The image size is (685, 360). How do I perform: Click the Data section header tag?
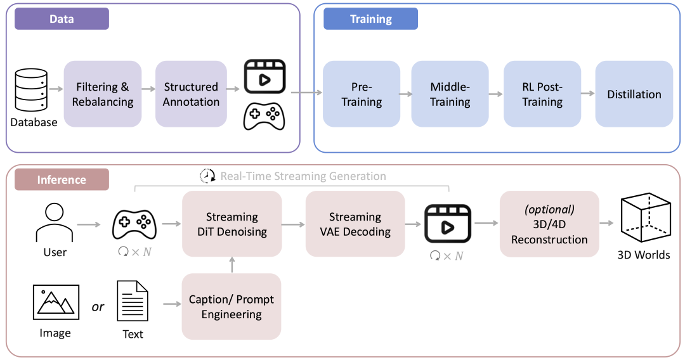(x=62, y=19)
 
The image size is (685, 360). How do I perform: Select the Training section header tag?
(x=370, y=19)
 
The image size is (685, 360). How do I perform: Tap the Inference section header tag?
(x=62, y=179)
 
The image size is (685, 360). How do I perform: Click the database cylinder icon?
(x=30, y=90)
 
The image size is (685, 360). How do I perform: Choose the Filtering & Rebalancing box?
(x=102, y=94)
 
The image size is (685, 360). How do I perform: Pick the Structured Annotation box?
(x=191, y=94)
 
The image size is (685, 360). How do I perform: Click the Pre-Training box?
(x=362, y=94)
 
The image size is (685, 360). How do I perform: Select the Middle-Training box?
(x=450, y=94)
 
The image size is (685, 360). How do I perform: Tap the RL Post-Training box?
(x=542, y=94)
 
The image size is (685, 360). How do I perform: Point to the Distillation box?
(x=634, y=94)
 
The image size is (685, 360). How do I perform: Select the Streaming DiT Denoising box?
(x=232, y=224)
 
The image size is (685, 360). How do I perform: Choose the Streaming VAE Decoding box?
(x=355, y=224)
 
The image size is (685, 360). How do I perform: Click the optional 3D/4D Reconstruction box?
(x=549, y=224)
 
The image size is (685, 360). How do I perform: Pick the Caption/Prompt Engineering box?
(x=232, y=306)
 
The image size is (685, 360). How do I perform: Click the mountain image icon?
(x=55, y=302)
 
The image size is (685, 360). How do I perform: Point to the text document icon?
(x=133, y=302)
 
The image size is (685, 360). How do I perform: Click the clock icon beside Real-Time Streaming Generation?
(x=207, y=176)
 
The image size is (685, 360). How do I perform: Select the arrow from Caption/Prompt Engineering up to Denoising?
(x=232, y=265)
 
